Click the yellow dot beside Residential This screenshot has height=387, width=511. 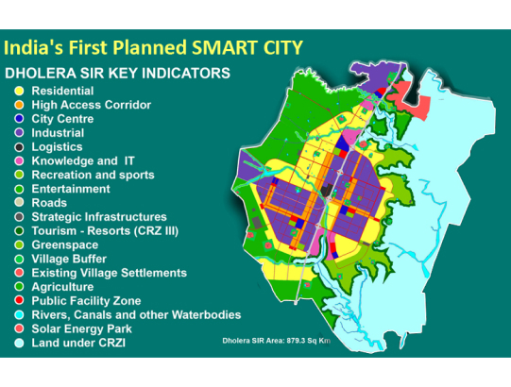click(x=19, y=91)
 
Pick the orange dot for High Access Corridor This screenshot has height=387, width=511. click(x=19, y=105)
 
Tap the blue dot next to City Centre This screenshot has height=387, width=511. click(x=19, y=119)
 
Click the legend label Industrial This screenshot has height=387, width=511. click(x=58, y=133)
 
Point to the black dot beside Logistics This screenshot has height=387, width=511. click(x=19, y=147)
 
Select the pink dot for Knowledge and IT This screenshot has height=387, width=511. click(x=19, y=160)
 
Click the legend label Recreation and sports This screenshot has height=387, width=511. click(x=93, y=175)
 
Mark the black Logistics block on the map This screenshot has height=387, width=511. click(x=326, y=190)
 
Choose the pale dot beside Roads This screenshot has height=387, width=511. click(x=19, y=203)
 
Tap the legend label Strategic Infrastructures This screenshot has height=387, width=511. click(x=99, y=217)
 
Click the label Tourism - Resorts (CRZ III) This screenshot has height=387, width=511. click(x=105, y=231)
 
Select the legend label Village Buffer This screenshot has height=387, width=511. click(x=69, y=259)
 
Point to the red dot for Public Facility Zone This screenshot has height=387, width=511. click(x=19, y=301)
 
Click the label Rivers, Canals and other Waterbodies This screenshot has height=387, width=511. click(x=136, y=315)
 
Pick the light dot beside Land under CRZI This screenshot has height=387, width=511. click(x=19, y=343)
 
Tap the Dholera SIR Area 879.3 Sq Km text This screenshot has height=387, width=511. click(x=277, y=341)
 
